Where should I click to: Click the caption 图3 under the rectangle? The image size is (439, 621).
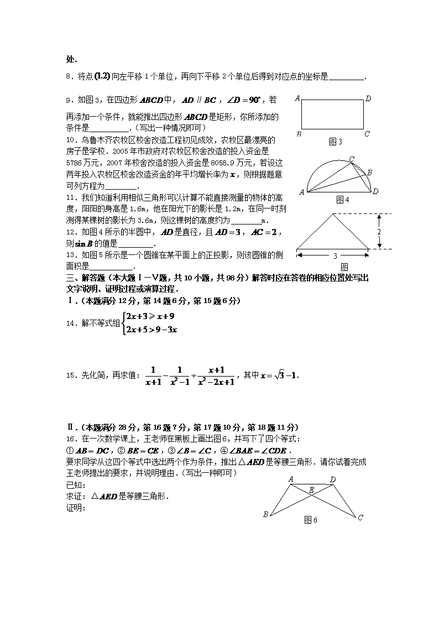pyautogui.click(x=336, y=142)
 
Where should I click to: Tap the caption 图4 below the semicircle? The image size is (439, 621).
pyautogui.click(x=343, y=199)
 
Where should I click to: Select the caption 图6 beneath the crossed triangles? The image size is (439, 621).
pyautogui.click(x=311, y=520)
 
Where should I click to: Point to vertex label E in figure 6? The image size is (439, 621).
pyautogui.click(x=311, y=490)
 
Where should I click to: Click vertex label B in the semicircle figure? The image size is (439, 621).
pyautogui.click(x=369, y=173)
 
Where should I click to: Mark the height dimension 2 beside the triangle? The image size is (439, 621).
pyautogui.click(x=379, y=232)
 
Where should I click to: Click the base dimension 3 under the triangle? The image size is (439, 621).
pyautogui.click(x=335, y=257)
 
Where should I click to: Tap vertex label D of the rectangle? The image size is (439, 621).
pyautogui.click(x=368, y=99)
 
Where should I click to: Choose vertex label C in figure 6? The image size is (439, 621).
pyautogui.click(x=360, y=518)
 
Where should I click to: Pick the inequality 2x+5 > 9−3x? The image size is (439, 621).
pyautogui.click(x=151, y=330)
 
